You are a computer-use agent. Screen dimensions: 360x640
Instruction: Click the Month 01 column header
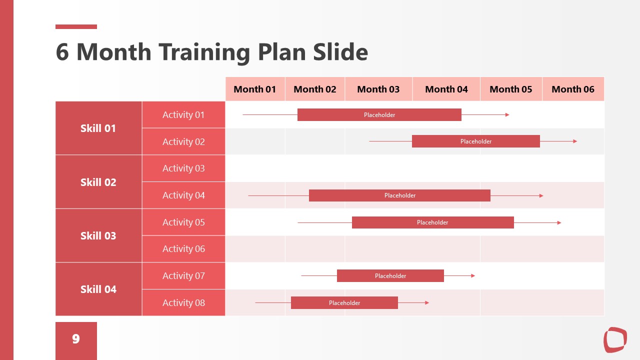point(255,89)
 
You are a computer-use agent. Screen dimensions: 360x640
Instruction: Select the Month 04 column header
point(446,89)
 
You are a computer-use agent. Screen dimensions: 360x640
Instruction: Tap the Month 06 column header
point(573,89)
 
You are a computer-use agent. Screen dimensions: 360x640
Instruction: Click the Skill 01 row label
point(98,128)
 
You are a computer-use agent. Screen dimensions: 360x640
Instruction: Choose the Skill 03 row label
point(98,235)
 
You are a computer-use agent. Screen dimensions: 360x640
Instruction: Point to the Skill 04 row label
point(98,289)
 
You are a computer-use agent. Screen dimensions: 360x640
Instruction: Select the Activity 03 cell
point(183,168)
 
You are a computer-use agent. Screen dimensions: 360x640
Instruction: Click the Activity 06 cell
point(183,249)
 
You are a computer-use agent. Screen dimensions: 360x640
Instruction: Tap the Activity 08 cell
point(183,302)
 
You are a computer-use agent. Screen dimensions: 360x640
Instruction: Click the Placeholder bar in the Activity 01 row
point(379,115)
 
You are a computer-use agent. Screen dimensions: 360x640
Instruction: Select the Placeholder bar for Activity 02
point(475,141)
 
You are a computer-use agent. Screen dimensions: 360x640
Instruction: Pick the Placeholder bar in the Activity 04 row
point(399,195)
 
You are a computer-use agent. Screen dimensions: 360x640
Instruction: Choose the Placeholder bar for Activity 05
point(432,222)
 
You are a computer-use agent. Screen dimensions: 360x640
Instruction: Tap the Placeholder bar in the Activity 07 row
point(390,276)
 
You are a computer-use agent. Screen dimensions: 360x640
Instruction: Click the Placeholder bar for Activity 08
point(344,303)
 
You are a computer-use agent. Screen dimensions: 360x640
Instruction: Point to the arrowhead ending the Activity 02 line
point(575,141)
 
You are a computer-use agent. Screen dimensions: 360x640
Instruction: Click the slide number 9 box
point(76,339)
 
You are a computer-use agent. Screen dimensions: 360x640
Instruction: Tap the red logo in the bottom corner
point(615,339)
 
